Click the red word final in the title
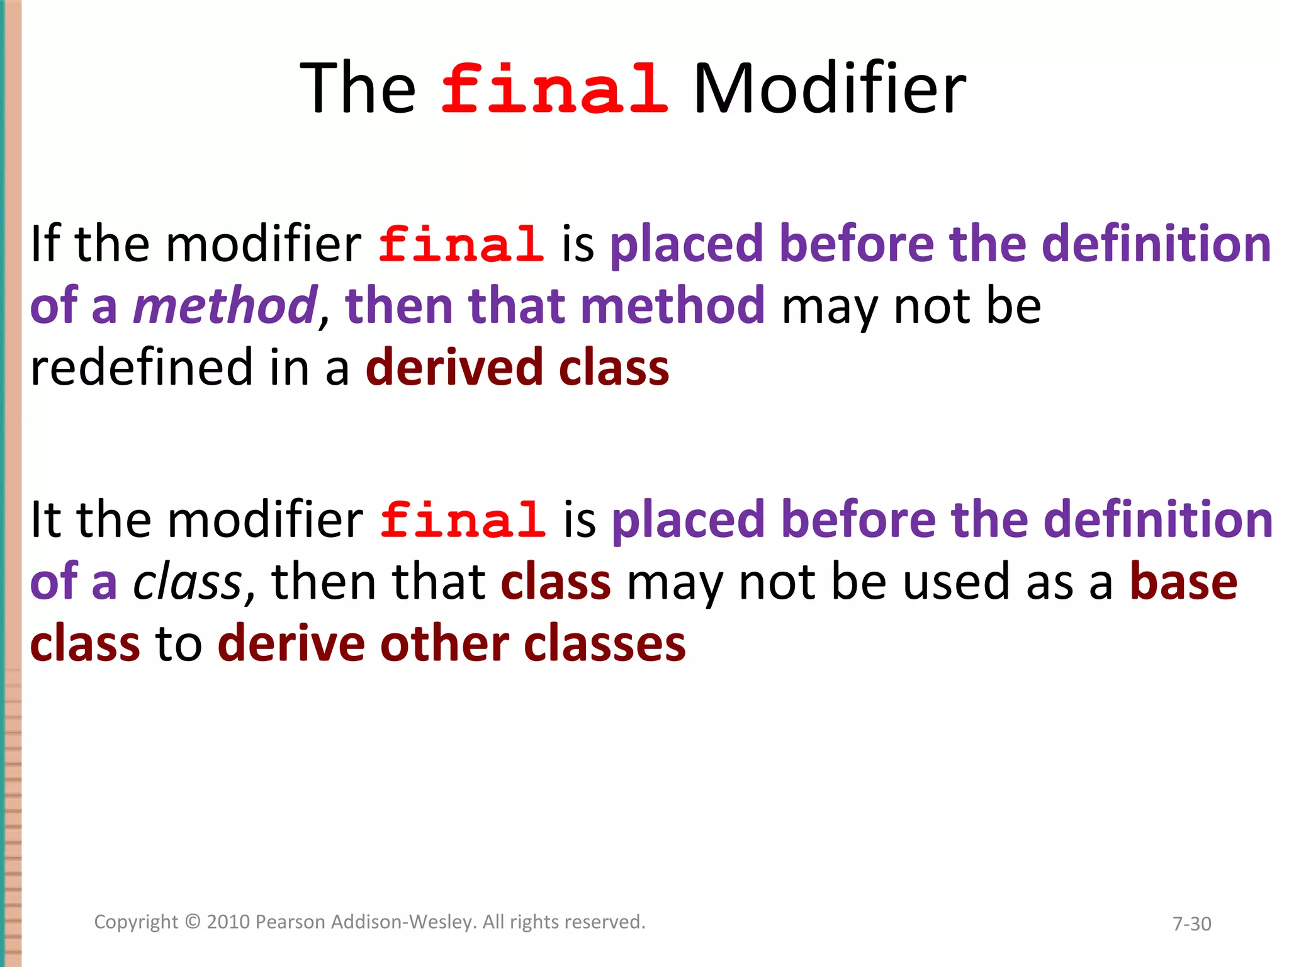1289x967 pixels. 554,89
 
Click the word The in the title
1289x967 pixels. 357,89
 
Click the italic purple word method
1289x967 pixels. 225,306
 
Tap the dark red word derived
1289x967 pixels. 454,368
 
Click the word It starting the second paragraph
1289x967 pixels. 45,520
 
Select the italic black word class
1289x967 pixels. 187,582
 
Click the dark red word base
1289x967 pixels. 1183,582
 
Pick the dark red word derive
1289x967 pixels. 291,645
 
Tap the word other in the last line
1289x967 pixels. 444,645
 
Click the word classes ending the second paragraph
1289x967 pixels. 604,645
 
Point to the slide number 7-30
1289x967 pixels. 1191,924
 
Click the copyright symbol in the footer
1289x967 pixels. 193,922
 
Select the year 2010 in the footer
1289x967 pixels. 229,922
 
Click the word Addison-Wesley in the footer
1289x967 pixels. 403,922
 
